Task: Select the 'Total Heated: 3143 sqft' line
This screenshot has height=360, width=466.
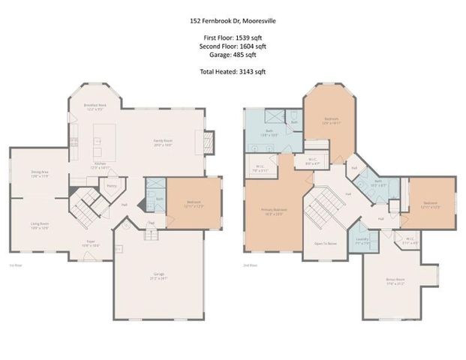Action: click(233, 71)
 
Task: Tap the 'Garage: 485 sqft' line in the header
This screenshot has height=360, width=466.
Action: click(233, 54)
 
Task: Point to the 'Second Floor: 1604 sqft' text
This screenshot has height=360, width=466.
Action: click(233, 46)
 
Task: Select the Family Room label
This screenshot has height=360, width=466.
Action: click(164, 142)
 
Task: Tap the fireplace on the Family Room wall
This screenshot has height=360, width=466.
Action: click(209, 142)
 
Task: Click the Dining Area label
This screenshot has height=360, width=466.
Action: click(40, 174)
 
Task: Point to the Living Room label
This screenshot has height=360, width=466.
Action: click(40, 224)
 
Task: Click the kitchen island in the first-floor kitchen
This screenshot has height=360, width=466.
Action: click(98, 140)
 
